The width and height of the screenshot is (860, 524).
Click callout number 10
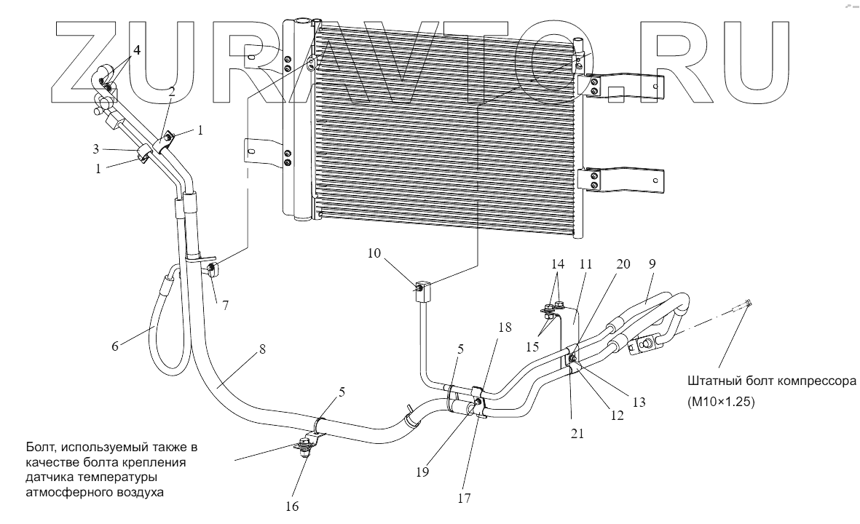pyautogui.click(x=374, y=254)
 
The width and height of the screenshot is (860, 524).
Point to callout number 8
pyautogui.click(x=261, y=349)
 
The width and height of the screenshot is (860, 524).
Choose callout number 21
pyautogui.click(x=578, y=432)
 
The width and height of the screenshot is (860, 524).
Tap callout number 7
pyautogui.click(x=226, y=306)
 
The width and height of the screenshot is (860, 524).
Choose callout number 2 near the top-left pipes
pyautogui.click(x=172, y=92)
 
